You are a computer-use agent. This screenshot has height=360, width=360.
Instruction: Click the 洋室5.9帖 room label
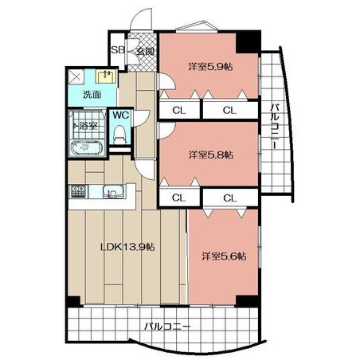[x=210, y=66]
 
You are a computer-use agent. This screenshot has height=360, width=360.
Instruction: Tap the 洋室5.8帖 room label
[x=211, y=155]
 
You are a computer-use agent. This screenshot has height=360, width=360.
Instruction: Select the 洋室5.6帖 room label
[x=224, y=256]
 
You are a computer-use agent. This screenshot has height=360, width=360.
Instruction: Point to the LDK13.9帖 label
[x=127, y=247]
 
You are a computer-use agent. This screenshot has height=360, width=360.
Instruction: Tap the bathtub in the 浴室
[x=85, y=148]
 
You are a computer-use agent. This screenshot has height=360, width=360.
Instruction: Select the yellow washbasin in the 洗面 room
[x=106, y=76]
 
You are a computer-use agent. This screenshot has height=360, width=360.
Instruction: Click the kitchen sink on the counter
[x=113, y=192]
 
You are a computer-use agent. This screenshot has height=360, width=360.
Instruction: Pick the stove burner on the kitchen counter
[x=78, y=191]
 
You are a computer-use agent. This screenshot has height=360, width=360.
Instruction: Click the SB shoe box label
[x=118, y=50]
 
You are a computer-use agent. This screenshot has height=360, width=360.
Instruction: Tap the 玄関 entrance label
[x=145, y=51]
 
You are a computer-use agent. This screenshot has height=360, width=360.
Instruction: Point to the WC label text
[x=121, y=115]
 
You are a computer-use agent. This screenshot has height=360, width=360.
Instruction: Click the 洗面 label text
[x=92, y=94]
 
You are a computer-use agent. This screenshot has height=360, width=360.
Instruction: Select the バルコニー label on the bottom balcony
[x=167, y=327]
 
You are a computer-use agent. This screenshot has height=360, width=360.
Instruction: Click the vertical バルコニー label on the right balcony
[x=275, y=127]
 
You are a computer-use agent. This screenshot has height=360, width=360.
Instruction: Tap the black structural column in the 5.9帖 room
[x=248, y=42]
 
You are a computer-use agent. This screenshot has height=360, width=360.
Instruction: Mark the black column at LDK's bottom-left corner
[x=73, y=301]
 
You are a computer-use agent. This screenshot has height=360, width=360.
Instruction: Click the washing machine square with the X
[x=76, y=77]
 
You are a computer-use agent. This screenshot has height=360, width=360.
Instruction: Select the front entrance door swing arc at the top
[x=140, y=18]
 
